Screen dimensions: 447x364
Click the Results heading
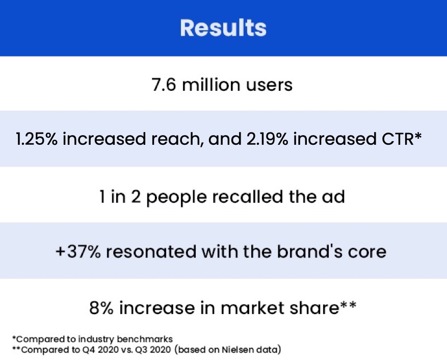[223, 28]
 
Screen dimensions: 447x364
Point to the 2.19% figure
[268, 139]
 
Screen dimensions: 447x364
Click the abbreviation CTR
[398, 139]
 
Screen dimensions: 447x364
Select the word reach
[177, 139]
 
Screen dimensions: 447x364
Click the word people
[176, 197]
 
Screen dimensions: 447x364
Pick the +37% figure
[78, 251]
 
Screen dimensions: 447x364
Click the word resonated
[151, 251]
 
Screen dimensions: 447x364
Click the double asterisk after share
[348, 305]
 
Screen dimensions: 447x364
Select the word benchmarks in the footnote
[145, 339]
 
